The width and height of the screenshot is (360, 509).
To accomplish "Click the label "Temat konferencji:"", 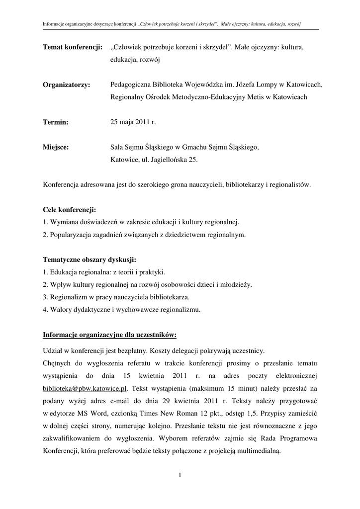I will click(73, 47).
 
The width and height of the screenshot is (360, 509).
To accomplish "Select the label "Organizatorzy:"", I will click(67, 85).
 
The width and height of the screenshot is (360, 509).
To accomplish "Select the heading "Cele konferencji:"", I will click(70, 210).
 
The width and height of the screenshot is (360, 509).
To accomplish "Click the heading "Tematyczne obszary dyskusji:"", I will click(90, 260).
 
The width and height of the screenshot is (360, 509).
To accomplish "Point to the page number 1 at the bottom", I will click(180, 475).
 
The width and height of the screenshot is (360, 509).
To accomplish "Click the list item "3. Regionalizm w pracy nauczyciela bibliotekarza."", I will click(116, 297).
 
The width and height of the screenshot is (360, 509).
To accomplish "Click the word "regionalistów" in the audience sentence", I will click(288, 185).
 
